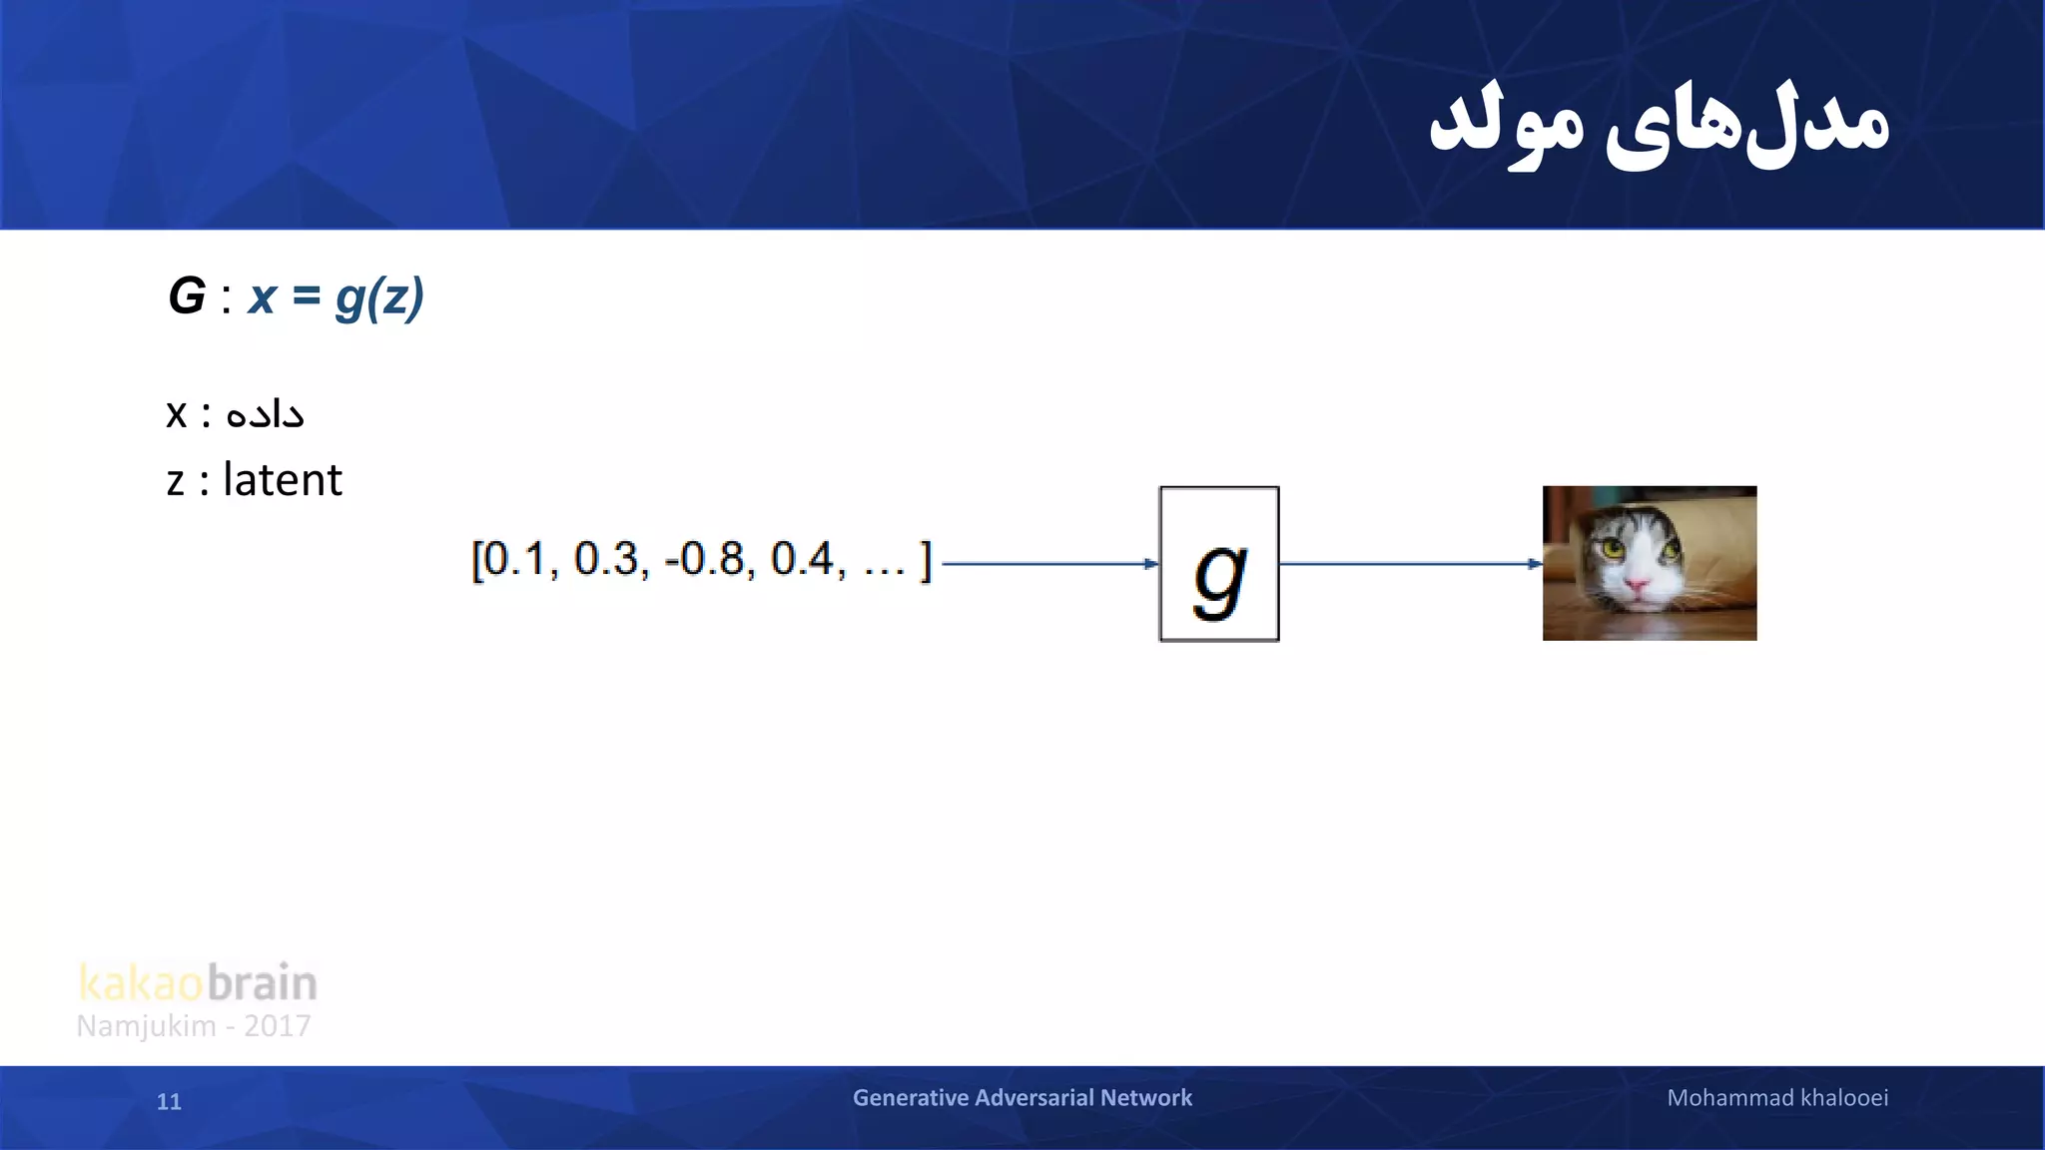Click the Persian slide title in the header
[1658, 125]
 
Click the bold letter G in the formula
[187, 296]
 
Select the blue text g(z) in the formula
[379, 298]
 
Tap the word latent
[283, 480]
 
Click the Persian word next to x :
[265, 413]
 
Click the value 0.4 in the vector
[802, 559]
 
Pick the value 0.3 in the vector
[606, 559]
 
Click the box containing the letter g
[1219, 564]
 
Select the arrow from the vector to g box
[1048, 564]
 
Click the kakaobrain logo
[198, 983]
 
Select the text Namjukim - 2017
[194, 1026]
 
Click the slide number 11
[169, 1102]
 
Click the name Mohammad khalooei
[1777, 1098]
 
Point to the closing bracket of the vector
[926, 561]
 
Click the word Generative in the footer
[910, 1098]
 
